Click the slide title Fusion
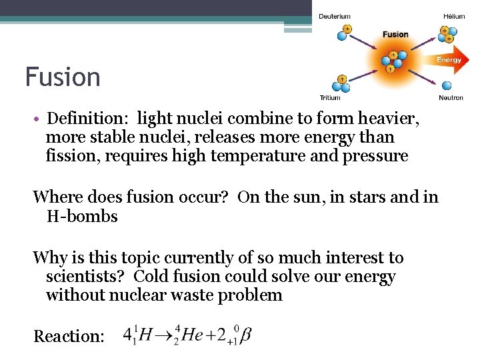[63, 77]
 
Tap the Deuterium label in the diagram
[334, 16]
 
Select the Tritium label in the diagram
[330, 97]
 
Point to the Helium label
[454, 16]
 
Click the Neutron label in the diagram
[451, 98]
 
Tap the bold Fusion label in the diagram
[395, 34]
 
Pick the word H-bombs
[82, 216]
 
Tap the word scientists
[83, 276]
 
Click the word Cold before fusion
[155, 276]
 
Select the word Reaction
[69, 336]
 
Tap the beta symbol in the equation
[246, 334]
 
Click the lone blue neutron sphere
[447, 85]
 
